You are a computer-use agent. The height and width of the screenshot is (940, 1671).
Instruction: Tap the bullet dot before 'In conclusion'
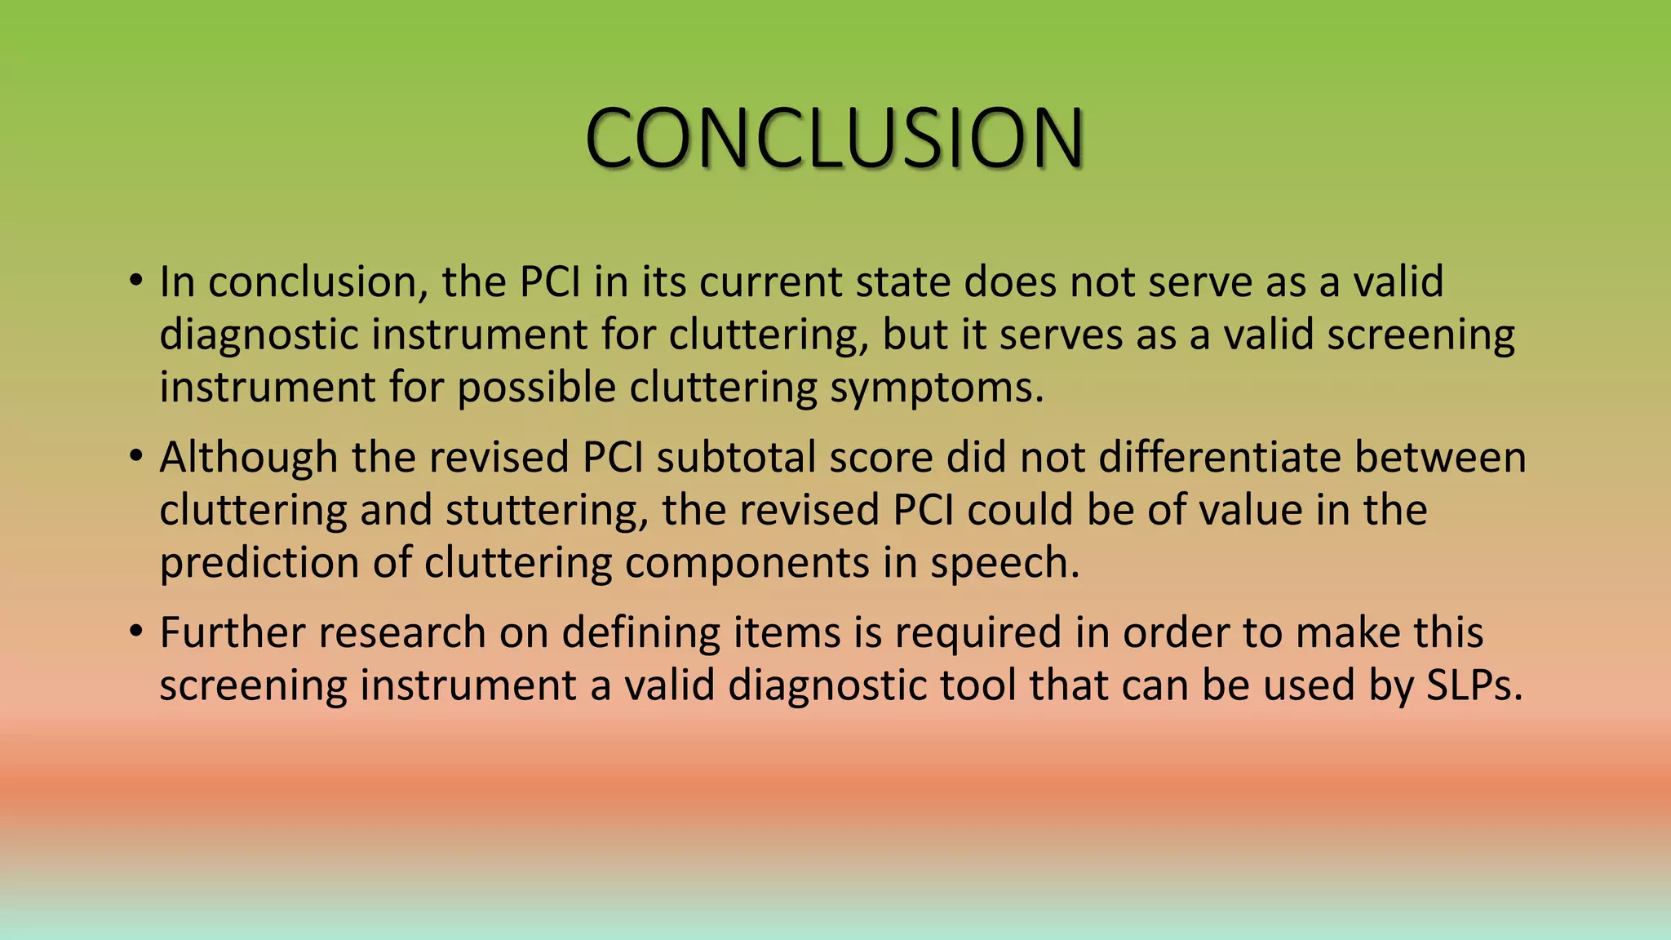(x=135, y=282)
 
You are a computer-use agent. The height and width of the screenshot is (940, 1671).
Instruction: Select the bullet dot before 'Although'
(x=135, y=458)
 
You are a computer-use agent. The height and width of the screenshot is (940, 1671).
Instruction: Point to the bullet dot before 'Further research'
(x=135, y=633)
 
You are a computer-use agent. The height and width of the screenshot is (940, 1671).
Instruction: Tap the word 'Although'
(x=248, y=458)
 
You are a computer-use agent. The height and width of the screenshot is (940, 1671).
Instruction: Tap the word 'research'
(x=402, y=633)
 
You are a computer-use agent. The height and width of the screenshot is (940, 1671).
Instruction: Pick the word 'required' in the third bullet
(x=977, y=633)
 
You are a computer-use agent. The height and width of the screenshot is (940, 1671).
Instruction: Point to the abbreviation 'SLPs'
(x=1473, y=686)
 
